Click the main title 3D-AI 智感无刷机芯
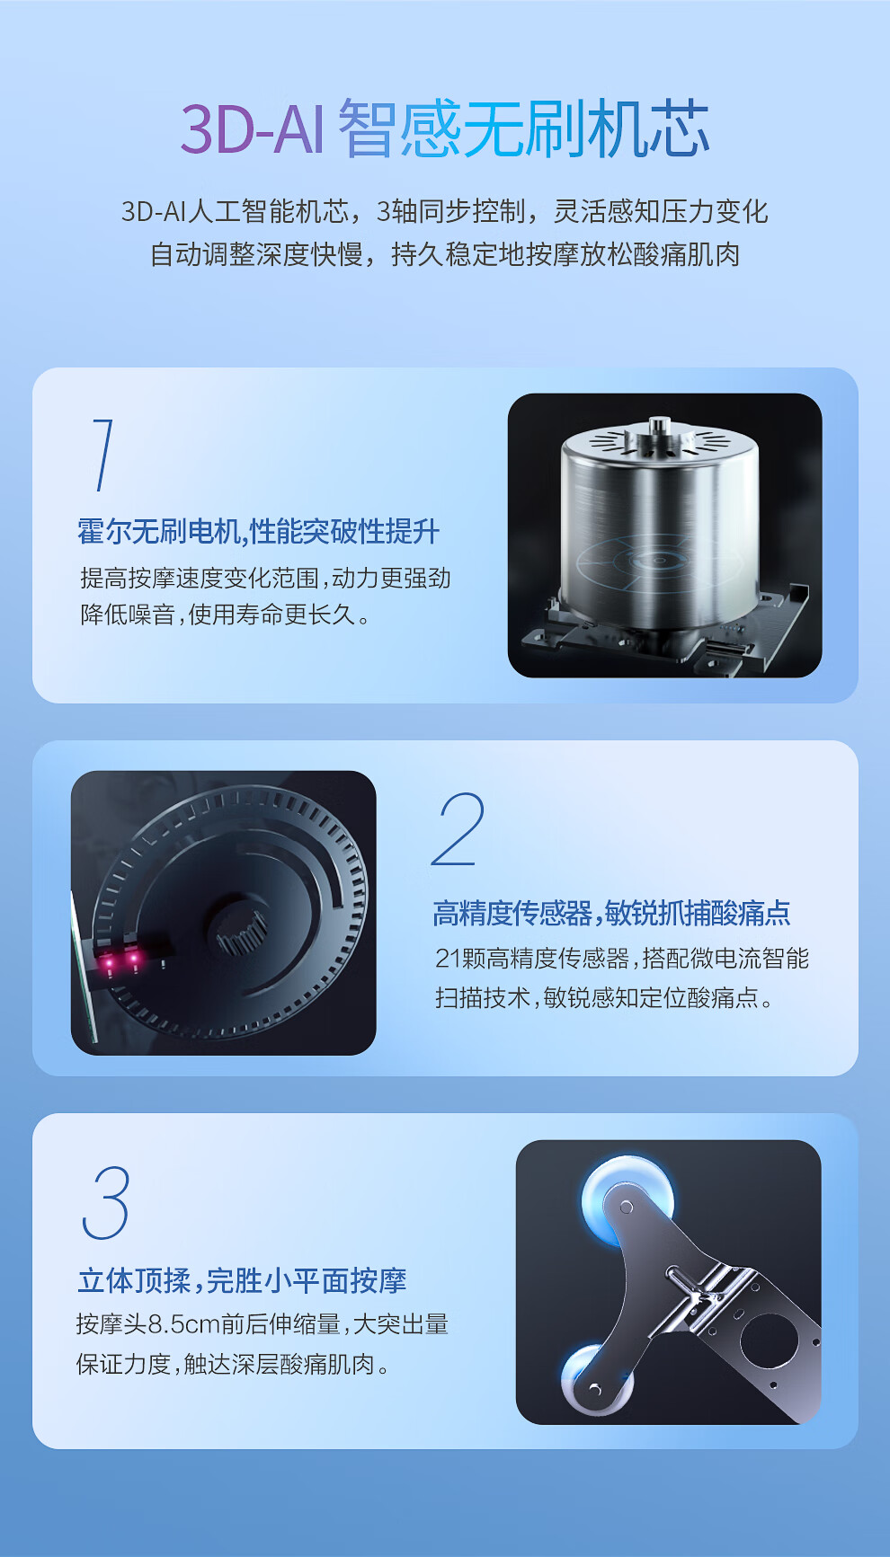point(445,129)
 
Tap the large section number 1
point(103,455)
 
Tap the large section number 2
point(458,829)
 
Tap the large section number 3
point(106,1202)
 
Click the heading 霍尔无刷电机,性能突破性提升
point(259,532)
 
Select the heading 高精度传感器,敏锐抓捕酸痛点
point(611,914)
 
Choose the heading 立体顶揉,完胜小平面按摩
point(242,1280)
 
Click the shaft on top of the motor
point(659,426)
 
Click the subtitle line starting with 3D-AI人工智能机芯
point(445,211)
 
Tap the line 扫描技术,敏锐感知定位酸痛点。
point(604,998)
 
